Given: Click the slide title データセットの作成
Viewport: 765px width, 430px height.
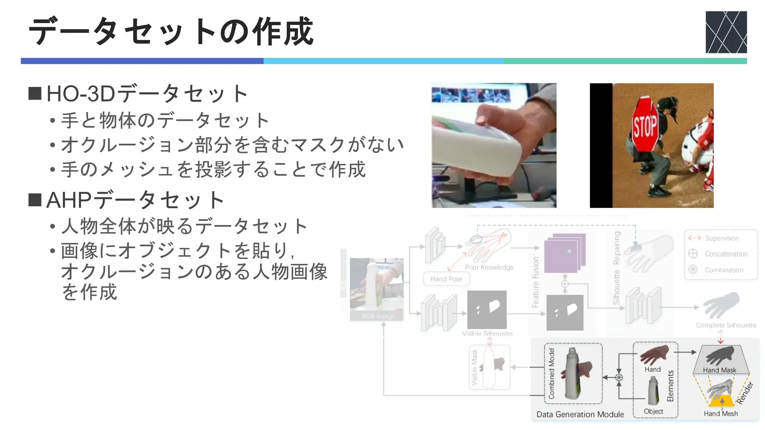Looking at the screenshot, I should coord(171,31).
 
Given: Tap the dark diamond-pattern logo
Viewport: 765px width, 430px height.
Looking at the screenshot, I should coord(726,32).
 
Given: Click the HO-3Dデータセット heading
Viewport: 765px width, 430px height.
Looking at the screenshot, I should coord(146,93).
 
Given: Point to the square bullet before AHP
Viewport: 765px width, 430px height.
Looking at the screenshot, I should coord(35,200).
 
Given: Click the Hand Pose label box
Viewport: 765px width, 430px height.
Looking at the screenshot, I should coord(446,279).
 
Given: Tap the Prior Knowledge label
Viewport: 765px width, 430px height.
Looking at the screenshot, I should coord(489,267).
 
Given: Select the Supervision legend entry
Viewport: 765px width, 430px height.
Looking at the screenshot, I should coord(722,238).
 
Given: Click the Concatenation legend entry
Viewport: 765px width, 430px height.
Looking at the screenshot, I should coord(726,254).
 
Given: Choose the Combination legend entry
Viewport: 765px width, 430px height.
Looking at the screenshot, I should coord(724,270).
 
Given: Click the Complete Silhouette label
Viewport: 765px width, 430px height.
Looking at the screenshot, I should coord(726,325).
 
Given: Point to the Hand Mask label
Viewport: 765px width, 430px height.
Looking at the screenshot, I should coord(719,370).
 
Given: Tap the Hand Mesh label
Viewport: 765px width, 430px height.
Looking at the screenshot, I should coord(721,414).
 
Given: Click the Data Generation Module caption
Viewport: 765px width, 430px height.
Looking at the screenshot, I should coord(580,414).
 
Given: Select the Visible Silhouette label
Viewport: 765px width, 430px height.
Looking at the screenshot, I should coord(487,333).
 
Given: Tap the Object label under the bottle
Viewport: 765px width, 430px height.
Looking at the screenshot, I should coord(653,411).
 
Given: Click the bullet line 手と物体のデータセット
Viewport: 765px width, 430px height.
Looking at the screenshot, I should coord(164,120).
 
